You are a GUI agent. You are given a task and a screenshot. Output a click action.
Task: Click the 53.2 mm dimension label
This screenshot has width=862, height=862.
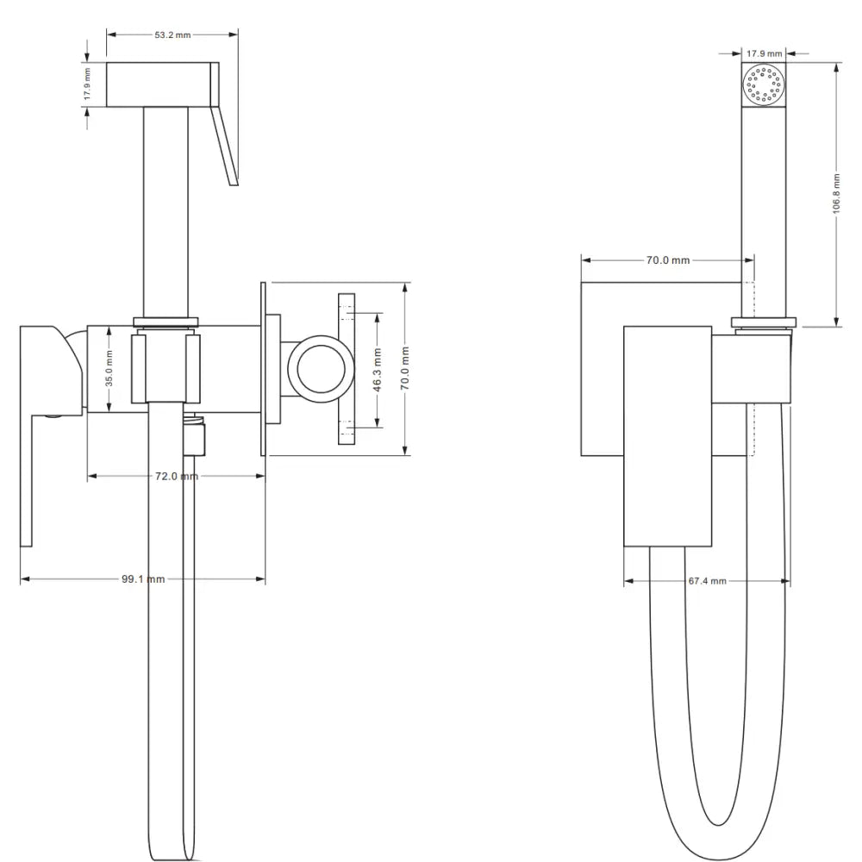click(x=172, y=34)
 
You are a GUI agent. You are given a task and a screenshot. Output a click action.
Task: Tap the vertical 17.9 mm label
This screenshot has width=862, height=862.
click(x=87, y=84)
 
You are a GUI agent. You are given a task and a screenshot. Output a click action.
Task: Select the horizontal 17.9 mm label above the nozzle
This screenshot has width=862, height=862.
click(x=764, y=53)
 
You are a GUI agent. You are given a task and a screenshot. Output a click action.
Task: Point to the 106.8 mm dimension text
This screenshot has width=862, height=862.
click(x=836, y=193)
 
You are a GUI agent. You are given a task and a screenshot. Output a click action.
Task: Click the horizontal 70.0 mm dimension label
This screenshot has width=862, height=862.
click(x=668, y=260)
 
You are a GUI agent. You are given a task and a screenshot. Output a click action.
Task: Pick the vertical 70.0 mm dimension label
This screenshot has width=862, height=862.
click(x=405, y=368)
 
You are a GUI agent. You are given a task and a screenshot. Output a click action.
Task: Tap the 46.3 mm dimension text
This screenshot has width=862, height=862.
click(x=378, y=370)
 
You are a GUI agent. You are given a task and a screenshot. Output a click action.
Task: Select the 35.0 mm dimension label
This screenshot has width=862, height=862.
click(x=109, y=368)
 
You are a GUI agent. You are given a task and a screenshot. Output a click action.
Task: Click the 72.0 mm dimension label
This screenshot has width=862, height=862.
click(x=177, y=476)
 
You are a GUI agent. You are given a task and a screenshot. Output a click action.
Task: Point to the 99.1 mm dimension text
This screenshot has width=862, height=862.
click(x=143, y=579)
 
